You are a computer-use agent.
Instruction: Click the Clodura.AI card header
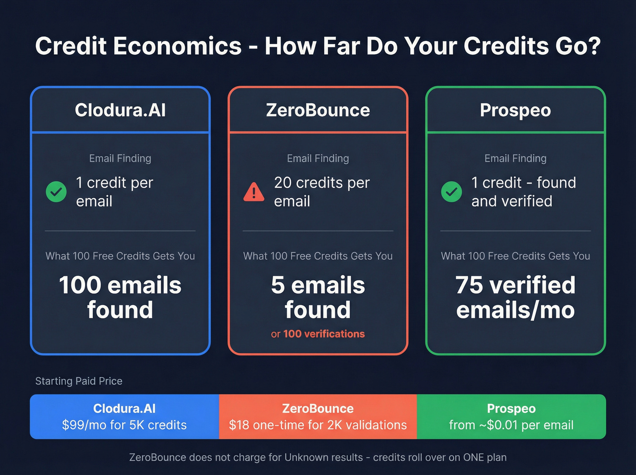120,110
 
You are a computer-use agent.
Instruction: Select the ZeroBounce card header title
318,110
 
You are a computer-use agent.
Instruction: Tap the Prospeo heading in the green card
515,110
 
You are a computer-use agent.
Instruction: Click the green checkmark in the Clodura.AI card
56,192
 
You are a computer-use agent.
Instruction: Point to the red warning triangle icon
253,192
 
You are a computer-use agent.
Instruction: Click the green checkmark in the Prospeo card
452,192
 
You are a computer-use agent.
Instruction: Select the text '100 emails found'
120,297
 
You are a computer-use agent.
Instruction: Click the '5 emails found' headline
318,297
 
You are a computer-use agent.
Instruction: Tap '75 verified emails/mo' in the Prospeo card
515,297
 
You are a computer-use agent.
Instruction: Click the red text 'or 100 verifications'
318,334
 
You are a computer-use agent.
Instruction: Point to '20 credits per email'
322,192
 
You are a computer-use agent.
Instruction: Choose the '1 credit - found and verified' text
523,192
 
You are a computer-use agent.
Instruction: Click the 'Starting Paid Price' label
79,381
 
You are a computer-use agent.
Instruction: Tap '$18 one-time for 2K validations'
318,425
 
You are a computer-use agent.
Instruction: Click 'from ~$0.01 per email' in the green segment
511,425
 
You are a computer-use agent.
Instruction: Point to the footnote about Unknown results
318,457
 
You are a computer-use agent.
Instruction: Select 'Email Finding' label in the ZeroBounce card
318,159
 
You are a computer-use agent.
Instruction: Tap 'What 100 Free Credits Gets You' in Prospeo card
515,256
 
